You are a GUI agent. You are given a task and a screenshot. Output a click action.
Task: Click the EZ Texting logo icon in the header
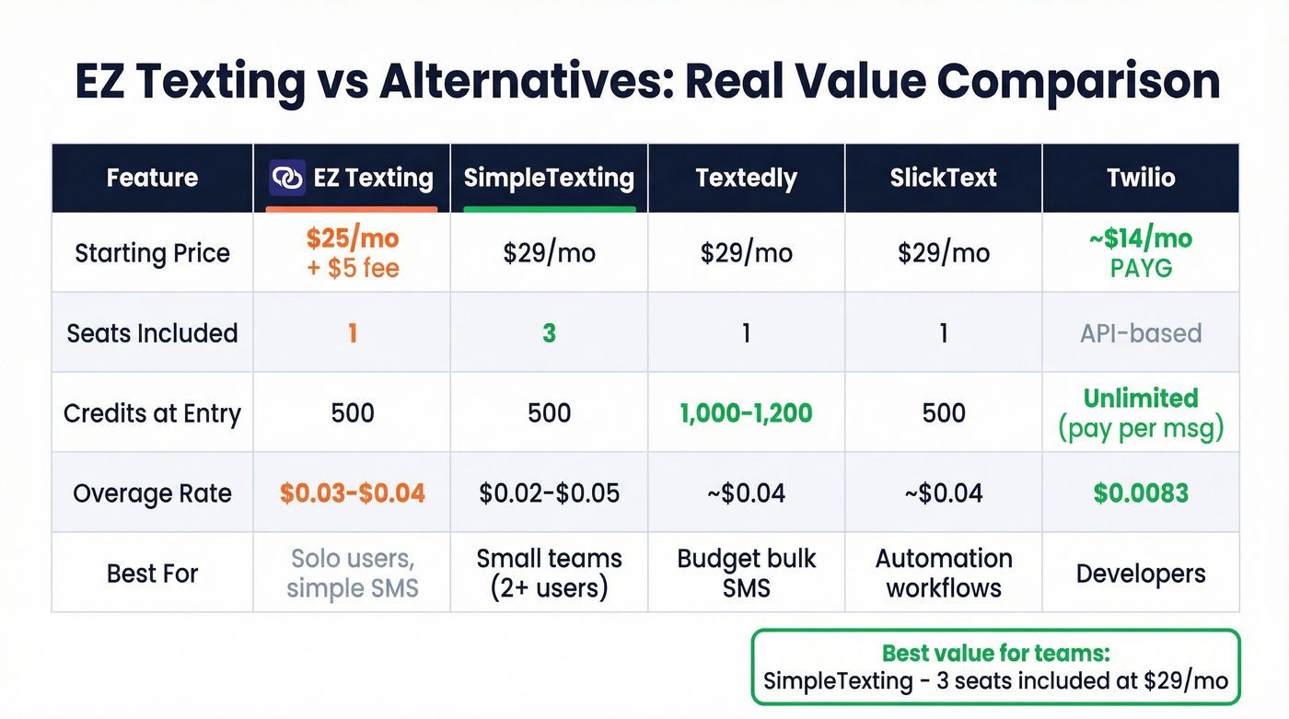(286, 178)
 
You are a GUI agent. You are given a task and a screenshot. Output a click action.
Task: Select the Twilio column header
(1141, 178)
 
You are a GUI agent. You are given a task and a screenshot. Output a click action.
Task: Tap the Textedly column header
(746, 178)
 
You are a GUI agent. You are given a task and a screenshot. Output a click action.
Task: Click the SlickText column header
(943, 178)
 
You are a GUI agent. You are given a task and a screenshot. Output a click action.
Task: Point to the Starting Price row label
(152, 253)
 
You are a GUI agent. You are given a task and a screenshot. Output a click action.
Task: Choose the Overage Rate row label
(152, 493)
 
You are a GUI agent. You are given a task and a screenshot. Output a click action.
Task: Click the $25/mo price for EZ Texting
(353, 239)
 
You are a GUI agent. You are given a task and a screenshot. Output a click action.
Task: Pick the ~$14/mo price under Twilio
(1141, 239)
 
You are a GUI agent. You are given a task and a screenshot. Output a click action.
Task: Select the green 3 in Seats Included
(549, 332)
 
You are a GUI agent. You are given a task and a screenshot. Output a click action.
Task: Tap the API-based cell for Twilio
(1141, 332)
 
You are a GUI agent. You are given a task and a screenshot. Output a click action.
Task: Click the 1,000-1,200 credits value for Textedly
(746, 412)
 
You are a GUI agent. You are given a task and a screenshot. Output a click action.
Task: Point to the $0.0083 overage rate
(1141, 493)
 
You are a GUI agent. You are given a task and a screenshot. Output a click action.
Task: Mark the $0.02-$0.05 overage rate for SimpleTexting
(549, 493)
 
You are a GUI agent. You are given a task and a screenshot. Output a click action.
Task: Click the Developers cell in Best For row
(1141, 573)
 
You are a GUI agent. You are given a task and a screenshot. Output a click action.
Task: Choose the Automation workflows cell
(943, 573)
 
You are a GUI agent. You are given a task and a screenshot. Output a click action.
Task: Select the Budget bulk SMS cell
(746, 573)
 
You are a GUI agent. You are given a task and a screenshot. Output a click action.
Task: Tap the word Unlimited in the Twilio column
(1141, 399)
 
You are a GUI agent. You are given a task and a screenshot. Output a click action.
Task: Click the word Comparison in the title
(1078, 83)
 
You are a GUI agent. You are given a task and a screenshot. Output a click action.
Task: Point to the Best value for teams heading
(996, 654)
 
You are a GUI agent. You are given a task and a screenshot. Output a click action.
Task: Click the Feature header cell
(152, 178)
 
